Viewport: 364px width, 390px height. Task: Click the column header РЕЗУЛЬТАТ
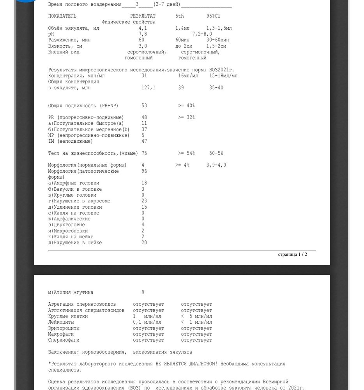coord(143,16)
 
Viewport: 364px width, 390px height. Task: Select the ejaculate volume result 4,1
coord(143,28)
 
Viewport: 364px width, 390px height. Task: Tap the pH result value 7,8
coord(143,34)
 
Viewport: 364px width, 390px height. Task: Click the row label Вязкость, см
coord(65,46)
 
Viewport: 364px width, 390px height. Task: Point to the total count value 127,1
coord(148,88)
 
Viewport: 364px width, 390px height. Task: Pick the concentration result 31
coord(144,76)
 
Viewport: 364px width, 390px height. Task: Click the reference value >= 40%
coord(186,106)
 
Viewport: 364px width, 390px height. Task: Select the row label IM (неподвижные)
coord(71,141)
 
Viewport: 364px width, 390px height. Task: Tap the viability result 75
coord(144,153)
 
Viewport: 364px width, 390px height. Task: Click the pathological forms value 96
coord(144,171)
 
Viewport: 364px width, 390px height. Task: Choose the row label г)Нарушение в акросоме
coord(79,201)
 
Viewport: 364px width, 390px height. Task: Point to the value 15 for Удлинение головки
coord(144,207)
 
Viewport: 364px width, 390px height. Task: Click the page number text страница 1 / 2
coord(292,254)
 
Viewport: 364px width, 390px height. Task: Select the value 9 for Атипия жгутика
coord(143,292)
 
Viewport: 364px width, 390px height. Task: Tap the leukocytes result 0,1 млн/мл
coord(147,322)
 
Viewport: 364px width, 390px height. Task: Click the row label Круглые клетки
coord(68,316)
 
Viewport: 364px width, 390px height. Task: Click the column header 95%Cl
coord(213,16)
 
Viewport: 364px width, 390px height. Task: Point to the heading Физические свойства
coord(129,22)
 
